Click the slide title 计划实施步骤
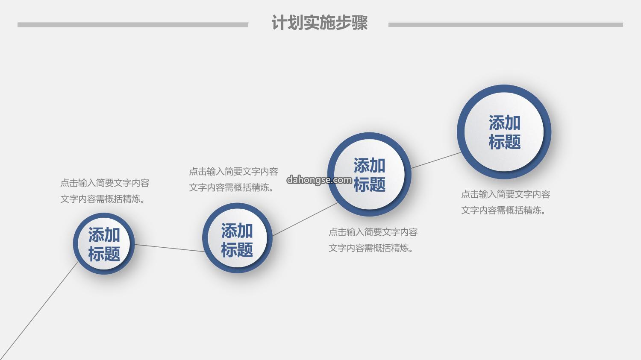[319, 22]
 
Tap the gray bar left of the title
[133, 25]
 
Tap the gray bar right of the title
[506, 25]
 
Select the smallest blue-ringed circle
[104, 243]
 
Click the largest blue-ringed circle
[504, 132]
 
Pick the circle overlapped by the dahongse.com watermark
[370, 174]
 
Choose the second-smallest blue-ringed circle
[237, 238]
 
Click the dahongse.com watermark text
[319, 180]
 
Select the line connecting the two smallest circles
[170, 248]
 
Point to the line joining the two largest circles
[436, 161]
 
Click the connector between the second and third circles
[305, 220]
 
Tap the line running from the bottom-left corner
[39, 311]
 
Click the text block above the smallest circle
[105, 191]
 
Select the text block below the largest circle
[506, 202]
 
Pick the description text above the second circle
[233, 179]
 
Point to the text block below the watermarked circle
[373, 240]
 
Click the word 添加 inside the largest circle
[505, 123]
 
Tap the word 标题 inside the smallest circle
[104, 254]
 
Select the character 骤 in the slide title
[360, 22]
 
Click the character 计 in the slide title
[279, 22]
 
